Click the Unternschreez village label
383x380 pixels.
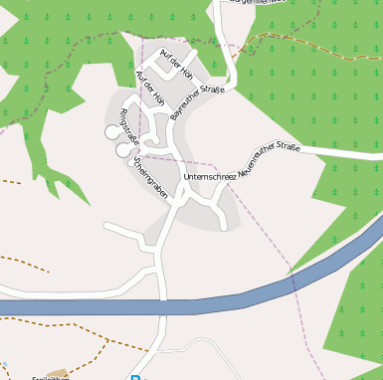point(210,176)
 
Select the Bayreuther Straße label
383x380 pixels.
point(198,102)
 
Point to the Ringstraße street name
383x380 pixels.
point(129,127)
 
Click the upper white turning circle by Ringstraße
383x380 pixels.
point(111,131)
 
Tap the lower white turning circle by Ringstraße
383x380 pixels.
point(122,150)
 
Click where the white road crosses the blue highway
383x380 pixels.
point(159,306)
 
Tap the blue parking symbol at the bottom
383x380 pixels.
point(135,377)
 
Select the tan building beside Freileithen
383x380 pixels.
point(57,374)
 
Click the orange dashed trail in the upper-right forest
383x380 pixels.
point(298,36)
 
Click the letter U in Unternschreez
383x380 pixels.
point(187,177)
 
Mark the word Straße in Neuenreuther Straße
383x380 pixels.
point(287,150)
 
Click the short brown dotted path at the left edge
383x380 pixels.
point(10,182)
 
